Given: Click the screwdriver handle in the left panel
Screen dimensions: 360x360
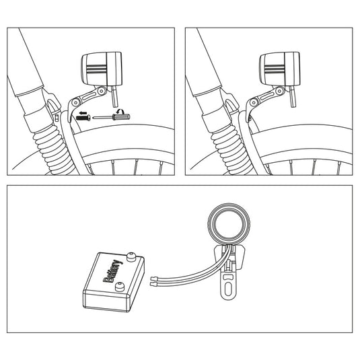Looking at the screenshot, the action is coord(121,117).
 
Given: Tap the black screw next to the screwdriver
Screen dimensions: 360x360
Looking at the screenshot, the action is coord(83,118).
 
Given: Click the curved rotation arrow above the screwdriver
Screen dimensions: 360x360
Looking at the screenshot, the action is coord(120,111).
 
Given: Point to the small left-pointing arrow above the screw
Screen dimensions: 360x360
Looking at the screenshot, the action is coord(83,113).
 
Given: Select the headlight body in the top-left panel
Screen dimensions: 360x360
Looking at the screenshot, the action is coord(102,69).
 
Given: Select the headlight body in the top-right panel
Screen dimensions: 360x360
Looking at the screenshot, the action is coord(280,69).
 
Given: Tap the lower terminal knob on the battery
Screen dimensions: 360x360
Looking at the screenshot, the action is coord(118,287).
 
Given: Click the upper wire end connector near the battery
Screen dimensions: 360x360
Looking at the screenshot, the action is coord(153,279).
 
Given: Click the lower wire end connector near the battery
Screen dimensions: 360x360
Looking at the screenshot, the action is coord(153,284).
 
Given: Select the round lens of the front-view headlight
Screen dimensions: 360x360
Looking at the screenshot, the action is coord(229,223).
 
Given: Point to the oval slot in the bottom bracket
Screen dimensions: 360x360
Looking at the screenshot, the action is coord(228,289).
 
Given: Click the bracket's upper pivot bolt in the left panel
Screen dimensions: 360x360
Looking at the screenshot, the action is coord(101,90).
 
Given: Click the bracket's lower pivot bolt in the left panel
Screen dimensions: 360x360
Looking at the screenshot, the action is coord(75,102).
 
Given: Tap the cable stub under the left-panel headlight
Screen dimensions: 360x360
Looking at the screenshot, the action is coord(114,96).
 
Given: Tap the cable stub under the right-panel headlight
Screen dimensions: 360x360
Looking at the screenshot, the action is coord(293,96).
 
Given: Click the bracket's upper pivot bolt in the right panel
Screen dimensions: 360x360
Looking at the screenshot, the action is coord(279,90).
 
